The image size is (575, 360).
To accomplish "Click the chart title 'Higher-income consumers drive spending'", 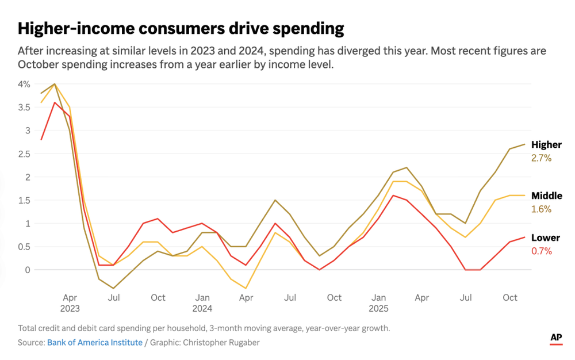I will pos(181,28).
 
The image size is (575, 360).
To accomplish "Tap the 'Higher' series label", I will pos(546,145).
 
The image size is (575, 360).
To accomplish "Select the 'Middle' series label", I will pos(547,196).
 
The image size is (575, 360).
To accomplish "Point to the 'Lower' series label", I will pos(545,238).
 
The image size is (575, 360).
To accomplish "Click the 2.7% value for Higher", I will pos(541,158).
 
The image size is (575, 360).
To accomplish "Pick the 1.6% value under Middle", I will pos(541,209).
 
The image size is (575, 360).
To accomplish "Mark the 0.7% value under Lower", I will pos(541,251).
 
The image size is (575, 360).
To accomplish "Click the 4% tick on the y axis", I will pos(24,84).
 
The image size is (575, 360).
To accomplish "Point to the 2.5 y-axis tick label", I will pos(24,154).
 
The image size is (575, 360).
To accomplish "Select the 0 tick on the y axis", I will pos(27,270).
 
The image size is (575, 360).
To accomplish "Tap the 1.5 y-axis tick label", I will pos(24,200).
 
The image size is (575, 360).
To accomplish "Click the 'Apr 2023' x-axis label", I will pos(70,302).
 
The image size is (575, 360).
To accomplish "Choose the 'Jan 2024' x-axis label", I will pos(202,302).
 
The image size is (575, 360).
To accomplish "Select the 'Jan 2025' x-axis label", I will pos(378,302).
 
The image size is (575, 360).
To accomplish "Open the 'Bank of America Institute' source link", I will pos(94,342).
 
